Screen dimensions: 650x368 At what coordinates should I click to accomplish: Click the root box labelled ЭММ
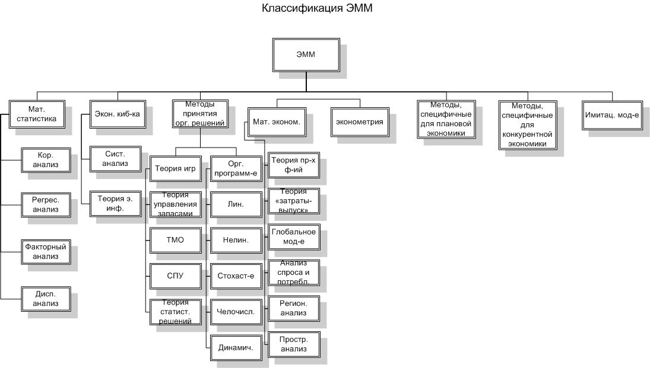306,55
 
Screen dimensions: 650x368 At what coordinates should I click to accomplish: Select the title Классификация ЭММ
317,8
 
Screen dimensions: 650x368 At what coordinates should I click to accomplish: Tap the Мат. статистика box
37,114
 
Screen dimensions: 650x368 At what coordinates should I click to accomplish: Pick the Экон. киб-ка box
118,114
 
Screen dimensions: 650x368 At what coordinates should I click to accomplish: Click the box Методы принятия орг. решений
200,114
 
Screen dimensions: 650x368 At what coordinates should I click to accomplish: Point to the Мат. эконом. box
277,122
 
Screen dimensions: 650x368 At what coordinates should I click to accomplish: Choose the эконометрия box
360,122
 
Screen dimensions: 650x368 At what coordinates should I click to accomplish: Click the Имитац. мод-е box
612,115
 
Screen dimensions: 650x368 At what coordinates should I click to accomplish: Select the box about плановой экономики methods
446,119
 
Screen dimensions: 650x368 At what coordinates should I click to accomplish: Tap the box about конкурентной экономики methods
527,125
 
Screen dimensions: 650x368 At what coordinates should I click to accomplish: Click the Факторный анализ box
46,252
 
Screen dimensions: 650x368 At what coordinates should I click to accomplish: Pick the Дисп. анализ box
46,299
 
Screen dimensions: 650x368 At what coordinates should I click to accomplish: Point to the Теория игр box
175,168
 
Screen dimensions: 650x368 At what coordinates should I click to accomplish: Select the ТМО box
175,240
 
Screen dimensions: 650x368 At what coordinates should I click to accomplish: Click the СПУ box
175,276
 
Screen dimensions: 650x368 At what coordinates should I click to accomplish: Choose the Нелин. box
236,240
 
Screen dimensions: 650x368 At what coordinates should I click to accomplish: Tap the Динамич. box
236,348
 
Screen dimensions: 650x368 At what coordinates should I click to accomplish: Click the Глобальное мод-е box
293,237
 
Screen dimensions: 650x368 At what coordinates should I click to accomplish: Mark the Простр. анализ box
293,344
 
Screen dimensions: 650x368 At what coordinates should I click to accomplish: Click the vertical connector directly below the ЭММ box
306,82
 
